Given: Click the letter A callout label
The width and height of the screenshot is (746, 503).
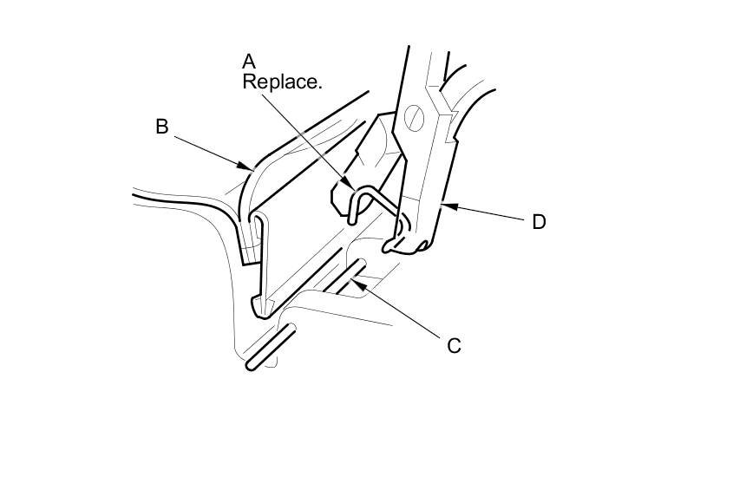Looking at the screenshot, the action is (249, 62).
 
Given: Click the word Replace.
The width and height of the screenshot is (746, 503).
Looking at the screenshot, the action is (282, 82).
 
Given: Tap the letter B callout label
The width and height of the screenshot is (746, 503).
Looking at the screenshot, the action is (161, 127).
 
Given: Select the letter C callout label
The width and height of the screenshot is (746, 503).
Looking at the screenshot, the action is (455, 346).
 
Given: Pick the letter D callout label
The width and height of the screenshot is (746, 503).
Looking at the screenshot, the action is (539, 222).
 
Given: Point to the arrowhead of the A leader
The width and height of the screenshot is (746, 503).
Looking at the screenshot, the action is (351, 186).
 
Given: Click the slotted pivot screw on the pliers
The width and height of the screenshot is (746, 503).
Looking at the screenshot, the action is (415, 114).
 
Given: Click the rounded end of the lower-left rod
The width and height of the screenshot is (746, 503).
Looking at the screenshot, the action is (252, 366).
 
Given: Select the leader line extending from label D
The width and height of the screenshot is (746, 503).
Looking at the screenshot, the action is (486, 212).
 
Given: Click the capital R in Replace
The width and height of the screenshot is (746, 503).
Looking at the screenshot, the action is (248, 82).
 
